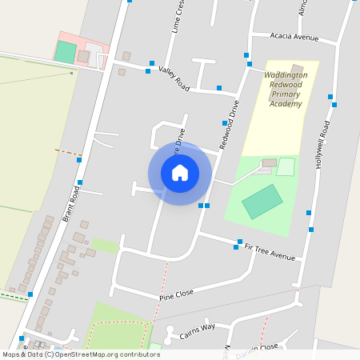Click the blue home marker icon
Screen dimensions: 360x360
point(180,173)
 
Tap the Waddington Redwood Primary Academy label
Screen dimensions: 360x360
point(286,89)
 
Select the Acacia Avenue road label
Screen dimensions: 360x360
point(294,37)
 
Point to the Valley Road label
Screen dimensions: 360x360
point(173,77)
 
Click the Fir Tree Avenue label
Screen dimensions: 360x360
point(270,253)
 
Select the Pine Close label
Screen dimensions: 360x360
point(177,294)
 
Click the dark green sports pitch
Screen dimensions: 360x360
point(262,201)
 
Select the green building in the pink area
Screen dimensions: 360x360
point(65,52)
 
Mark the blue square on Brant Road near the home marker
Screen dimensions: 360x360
point(79,160)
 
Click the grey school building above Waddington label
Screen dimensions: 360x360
point(297,68)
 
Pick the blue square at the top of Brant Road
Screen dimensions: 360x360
point(130,1)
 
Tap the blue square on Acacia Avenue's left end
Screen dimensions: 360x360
point(247,55)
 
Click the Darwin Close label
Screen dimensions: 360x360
point(258,346)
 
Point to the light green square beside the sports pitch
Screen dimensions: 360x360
point(286,166)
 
